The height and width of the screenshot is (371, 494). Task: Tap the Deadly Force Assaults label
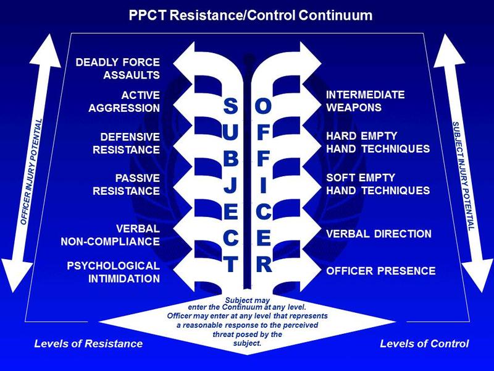[x=117, y=69]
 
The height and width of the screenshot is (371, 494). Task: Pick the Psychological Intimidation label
[x=114, y=271]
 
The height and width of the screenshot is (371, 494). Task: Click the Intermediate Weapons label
[x=365, y=101]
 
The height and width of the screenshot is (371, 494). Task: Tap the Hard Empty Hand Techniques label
[x=377, y=142]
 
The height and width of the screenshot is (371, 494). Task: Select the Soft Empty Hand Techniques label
[x=377, y=184]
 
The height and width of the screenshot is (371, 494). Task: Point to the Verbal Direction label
[x=379, y=234]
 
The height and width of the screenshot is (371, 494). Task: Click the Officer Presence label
[x=380, y=270]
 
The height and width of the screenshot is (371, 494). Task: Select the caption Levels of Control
[x=424, y=343]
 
